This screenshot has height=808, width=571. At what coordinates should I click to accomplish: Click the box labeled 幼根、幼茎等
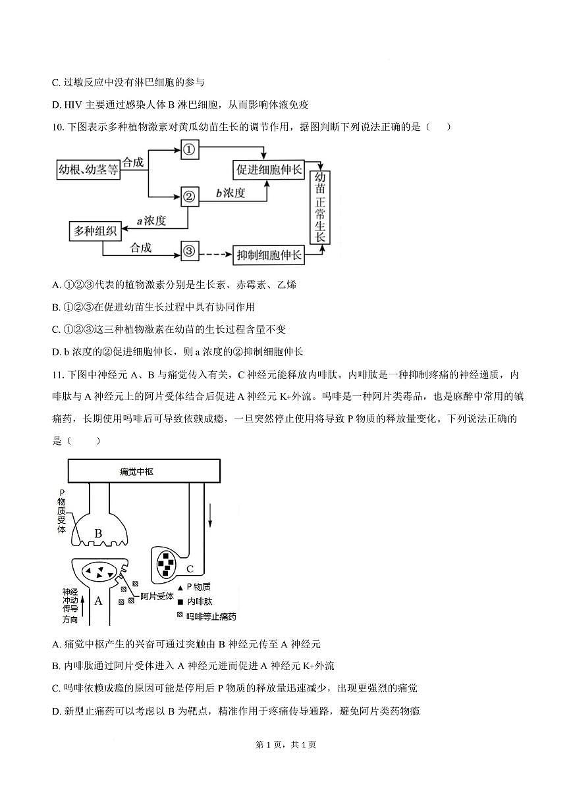[89, 170]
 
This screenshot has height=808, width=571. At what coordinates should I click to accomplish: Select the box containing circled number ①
[189, 150]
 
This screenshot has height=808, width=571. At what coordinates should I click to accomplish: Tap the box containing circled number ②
[189, 195]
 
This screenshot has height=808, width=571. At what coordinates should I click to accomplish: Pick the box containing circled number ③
[189, 251]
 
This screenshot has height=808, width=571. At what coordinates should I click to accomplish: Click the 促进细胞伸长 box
[269, 170]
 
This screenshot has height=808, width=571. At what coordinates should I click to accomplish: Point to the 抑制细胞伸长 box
[269, 254]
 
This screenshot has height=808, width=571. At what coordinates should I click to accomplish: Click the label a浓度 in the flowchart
[151, 220]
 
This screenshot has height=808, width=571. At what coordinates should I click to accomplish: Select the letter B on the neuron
[98, 533]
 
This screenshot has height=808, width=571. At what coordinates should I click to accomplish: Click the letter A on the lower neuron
[98, 600]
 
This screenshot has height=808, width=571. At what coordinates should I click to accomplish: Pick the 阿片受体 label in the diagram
[156, 597]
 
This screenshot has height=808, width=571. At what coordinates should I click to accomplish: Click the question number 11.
[57, 375]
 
